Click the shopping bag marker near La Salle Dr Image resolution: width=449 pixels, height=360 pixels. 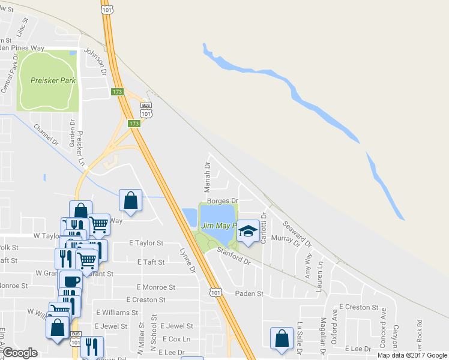pyautogui.click(x=282, y=338)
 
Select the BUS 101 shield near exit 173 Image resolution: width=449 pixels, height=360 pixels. pyautogui.click(x=146, y=110)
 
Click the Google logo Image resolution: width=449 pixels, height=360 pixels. pyautogui.click(x=20, y=353)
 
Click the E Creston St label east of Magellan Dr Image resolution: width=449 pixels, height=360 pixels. pyautogui.click(x=358, y=307)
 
